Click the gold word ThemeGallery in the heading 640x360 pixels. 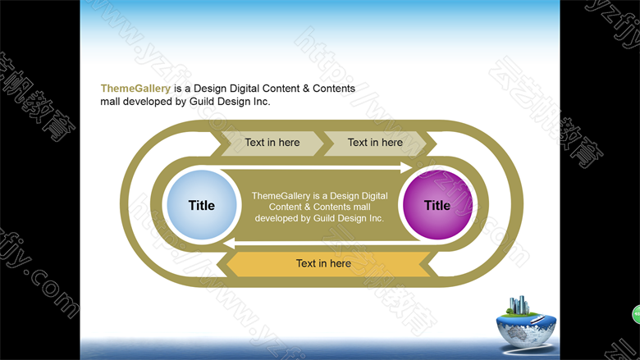coord(135,89)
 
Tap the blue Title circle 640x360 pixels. coord(202,205)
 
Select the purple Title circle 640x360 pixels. coord(437,205)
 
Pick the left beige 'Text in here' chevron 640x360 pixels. coord(272,144)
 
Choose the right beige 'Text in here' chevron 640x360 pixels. coord(375,144)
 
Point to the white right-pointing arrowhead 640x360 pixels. coord(406,167)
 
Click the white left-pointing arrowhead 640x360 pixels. coord(229,244)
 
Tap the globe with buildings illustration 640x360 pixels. coord(526,324)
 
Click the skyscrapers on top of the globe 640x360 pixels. coord(519,305)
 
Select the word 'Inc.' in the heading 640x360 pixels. coord(261,102)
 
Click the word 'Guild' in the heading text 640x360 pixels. coord(202,102)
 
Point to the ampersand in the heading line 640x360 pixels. coord(306,89)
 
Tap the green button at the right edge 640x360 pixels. coord(637,314)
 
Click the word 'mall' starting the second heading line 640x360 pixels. coord(110,102)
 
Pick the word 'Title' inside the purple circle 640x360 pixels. coord(437,206)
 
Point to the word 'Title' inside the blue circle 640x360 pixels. coord(202,206)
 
